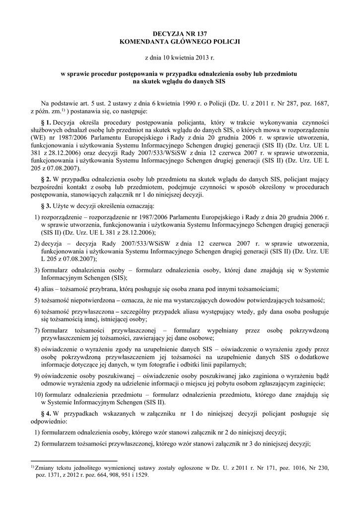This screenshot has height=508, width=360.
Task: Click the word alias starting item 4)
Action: click(x=49, y=289)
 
